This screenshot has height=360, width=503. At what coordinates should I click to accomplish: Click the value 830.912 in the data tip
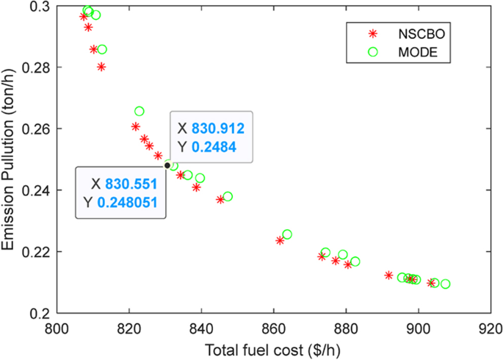coord(217,129)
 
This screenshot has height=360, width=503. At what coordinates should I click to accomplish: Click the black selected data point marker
coord(167,165)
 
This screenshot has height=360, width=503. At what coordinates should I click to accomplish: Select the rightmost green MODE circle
coord(446,284)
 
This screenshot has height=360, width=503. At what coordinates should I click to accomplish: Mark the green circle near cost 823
coord(140,111)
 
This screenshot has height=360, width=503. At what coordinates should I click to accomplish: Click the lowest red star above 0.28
coord(101,67)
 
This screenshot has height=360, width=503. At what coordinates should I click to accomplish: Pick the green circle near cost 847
coord(228,196)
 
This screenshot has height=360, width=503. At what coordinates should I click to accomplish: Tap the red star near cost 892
coord(389,276)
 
